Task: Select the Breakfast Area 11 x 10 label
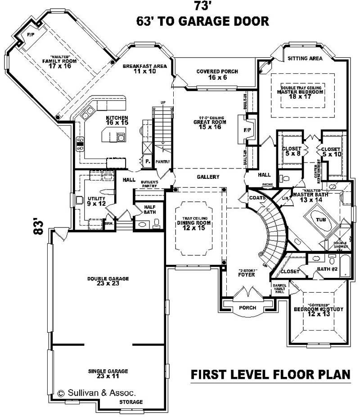[x=145, y=69]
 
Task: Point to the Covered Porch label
[x=217, y=74]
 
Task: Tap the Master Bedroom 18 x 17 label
[x=301, y=92]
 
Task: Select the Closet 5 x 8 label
[x=291, y=151]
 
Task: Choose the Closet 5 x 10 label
[x=331, y=151]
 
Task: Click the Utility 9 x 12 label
[x=97, y=201]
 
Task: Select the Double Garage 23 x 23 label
[x=108, y=281]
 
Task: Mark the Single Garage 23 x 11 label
[x=108, y=373]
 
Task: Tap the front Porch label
[x=247, y=308]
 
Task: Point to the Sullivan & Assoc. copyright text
[x=99, y=393]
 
